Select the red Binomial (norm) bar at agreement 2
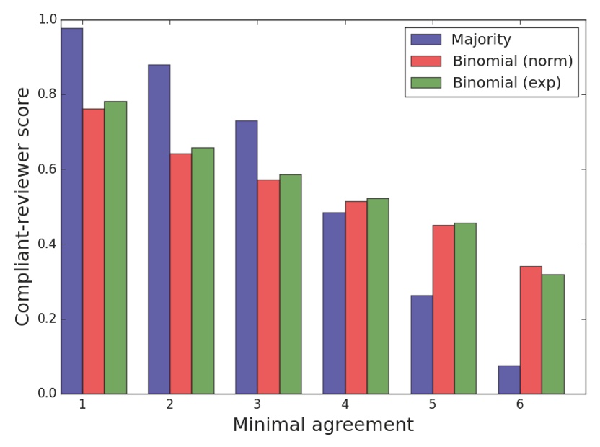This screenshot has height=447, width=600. click(x=180, y=273)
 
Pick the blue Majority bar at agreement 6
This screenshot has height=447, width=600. click(x=508, y=380)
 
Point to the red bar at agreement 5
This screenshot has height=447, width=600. click(x=443, y=309)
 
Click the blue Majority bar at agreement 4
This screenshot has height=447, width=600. click(x=334, y=303)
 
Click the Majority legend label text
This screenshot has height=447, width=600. click(x=481, y=39)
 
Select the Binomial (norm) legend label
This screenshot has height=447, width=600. click(x=512, y=61)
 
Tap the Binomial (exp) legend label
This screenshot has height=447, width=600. click(x=506, y=83)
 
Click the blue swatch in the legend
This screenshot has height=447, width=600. click(x=425, y=40)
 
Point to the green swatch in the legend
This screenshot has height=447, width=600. click(x=425, y=83)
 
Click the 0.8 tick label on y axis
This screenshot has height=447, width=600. click(x=47, y=94)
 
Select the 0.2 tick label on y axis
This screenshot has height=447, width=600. click(x=47, y=319)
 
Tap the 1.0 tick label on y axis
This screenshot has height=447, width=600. click(x=47, y=20)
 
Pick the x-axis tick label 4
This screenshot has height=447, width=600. click(x=345, y=404)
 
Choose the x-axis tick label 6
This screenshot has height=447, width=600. click(x=519, y=404)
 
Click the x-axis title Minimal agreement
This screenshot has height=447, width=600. click(x=323, y=425)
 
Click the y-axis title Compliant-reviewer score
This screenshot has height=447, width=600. click(x=23, y=206)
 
